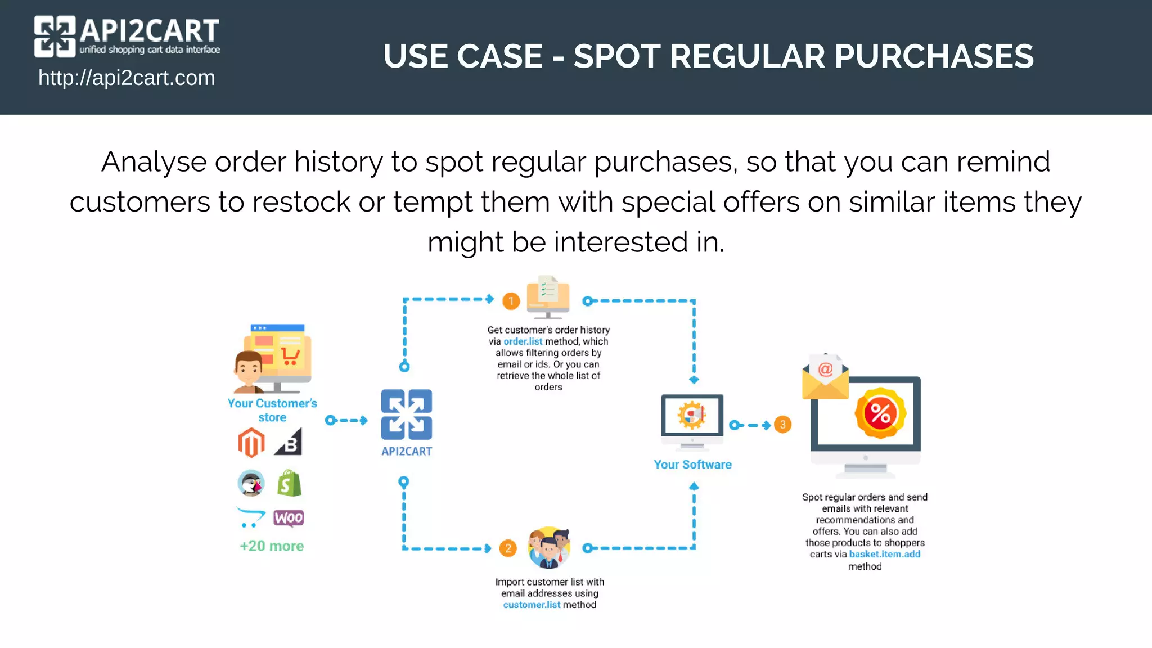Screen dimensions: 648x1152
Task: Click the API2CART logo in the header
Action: tap(127, 36)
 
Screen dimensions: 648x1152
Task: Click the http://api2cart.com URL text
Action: tap(127, 78)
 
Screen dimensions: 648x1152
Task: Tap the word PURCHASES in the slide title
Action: tap(933, 56)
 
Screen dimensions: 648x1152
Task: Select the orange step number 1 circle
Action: tap(511, 301)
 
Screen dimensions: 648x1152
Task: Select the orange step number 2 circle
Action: tap(508, 548)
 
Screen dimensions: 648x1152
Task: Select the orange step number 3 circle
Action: tap(782, 425)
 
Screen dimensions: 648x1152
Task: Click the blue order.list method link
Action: tap(523, 341)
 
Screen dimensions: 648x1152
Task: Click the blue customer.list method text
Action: tap(532, 605)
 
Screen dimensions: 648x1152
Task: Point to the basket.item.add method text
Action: tap(884, 554)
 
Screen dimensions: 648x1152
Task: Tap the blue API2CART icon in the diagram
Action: tap(407, 415)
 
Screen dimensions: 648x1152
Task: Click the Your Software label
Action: tap(692, 465)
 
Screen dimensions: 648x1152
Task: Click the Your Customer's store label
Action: tap(272, 410)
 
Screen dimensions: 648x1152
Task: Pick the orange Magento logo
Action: tap(251, 442)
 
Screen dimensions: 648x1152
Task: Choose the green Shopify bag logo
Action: tap(289, 483)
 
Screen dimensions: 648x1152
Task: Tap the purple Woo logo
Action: tap(289, 517)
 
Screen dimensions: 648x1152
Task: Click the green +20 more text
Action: tap(272, 546)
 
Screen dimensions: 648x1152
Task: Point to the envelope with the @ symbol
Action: tap(825, 376)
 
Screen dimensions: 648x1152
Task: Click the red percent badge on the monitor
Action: tap(880, 413)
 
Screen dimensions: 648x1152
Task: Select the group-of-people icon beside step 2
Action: tap(549, 547)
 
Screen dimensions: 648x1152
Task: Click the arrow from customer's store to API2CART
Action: tap(346, 420)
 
